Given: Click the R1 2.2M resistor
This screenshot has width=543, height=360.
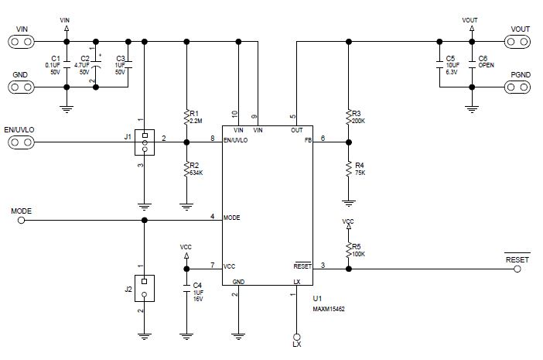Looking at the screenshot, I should pos(186,117).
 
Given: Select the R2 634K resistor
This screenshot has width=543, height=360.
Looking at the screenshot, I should pos(186,168).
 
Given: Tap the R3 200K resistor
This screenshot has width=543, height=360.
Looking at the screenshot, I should pos(349,117).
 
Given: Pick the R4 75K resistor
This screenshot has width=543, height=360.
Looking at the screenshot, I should pos(349,168).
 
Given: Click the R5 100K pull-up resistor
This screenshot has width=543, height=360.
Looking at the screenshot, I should pos(349,249).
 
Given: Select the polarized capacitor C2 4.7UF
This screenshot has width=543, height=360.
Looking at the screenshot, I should pos(96,64).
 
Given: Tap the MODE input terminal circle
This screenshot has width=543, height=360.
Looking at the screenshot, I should pos(22,220).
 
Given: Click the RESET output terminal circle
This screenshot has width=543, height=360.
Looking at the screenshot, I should pos(517,269).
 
